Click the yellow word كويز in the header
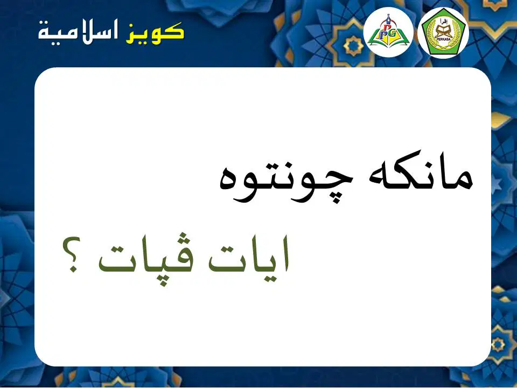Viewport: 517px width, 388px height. [155, 33]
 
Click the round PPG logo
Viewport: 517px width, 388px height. [388, 32]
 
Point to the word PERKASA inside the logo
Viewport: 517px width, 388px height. [443, 40]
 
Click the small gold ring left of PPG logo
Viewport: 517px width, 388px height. [353, 46]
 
